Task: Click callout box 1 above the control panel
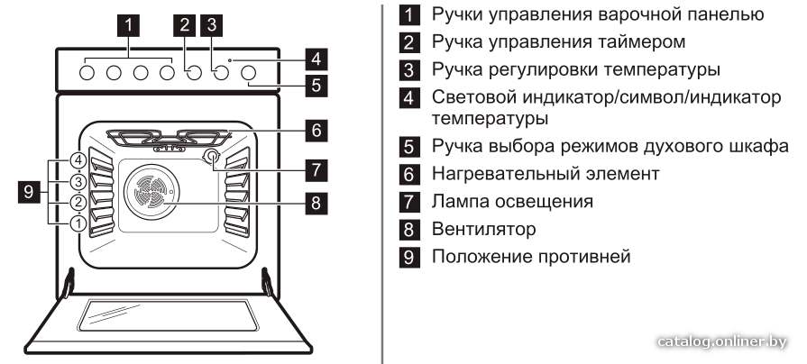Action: (x=129, y=24)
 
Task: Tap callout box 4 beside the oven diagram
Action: (x=316, y=59)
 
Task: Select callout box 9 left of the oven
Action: (x=29, y=192)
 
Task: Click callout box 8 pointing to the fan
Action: (x=316, y=203)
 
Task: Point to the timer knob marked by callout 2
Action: (x=194, y=73)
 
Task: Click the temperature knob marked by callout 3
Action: (x=221, y=73)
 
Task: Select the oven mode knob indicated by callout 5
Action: (x=248, y=73)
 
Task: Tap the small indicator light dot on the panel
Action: (x=230, y=60)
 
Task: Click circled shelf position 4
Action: (x=78, y=160)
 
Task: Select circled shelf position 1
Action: (x=78, y=223)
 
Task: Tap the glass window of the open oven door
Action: (x=168, y=314)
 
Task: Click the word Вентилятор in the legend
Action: (x=483, y=229)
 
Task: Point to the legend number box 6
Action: (x=408, y=174)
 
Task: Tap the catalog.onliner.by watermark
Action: (x=722, y=341)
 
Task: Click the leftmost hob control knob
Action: (x=87, y=73)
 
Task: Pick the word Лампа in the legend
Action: (x=460, y=201)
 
